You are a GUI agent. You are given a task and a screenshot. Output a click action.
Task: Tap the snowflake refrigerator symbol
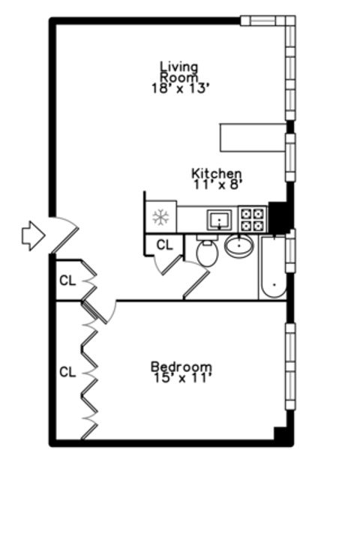click(x=160, y=218)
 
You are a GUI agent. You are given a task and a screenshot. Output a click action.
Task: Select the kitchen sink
click(x=219, y=220)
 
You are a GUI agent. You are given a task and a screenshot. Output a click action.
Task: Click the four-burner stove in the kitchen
click(x=253, y=219)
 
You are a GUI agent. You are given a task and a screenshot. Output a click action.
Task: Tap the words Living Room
click(x=179, y=71)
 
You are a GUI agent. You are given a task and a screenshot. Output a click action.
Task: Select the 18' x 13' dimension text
click(x=179, y=87)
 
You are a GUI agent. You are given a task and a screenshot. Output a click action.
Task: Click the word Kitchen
click(x=216, y=172)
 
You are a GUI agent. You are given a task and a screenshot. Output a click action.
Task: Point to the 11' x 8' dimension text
click(x=217, y=183)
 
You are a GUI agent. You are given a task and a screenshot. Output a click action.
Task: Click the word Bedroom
click(x=181, y=367)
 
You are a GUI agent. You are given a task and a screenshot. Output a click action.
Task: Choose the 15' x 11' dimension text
click(x=181, y=378)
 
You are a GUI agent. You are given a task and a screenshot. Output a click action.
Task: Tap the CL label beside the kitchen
click(x=164, y=244)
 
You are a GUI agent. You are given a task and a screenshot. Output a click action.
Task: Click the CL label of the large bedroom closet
click(x=67, y=371)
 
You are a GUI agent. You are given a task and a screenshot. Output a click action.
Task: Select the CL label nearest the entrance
click(x=67, y=281)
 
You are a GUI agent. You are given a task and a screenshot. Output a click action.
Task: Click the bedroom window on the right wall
click(x=289, y=365)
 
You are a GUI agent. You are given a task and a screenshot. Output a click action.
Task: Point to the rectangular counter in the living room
click(x=253, y=137)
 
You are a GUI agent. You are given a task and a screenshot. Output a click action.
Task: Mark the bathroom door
click(x=196, y=285)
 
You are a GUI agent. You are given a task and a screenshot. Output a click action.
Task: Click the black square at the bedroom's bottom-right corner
click(x=281, y=434)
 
